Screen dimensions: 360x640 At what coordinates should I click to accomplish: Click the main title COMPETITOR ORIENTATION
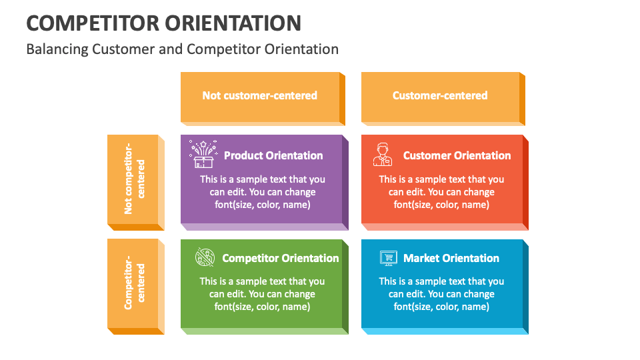(x=163, y=23)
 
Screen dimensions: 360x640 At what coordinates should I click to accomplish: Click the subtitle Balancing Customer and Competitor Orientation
(x=182, y=49)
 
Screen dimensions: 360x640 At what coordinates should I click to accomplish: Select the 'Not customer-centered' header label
(x=259, y=95)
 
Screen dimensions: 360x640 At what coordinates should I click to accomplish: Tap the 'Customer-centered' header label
(x=440, y=95)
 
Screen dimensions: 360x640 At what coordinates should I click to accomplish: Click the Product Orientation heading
(x=273, y=155)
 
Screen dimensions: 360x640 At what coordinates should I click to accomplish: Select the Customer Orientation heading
(x=457, y=155)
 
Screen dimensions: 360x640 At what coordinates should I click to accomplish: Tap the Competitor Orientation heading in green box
(x=281, y=258)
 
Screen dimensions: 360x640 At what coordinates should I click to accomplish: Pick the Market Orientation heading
(x=451, y=258)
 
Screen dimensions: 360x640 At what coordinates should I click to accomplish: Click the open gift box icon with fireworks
(x=203, y=154)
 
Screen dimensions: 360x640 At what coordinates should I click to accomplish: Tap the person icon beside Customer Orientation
(x=382, y=154)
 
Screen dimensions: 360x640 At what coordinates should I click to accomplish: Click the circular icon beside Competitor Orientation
(x=205, y=257)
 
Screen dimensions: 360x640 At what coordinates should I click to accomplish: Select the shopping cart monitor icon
(x=388, y=258)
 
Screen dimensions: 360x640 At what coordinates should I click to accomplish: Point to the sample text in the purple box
(x=263, y=192)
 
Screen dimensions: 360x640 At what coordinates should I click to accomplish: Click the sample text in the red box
(x=441, y=192)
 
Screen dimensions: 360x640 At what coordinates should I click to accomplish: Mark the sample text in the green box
(x=263, y=294)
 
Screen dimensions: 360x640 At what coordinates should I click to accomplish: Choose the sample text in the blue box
(x=441, y=294)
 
